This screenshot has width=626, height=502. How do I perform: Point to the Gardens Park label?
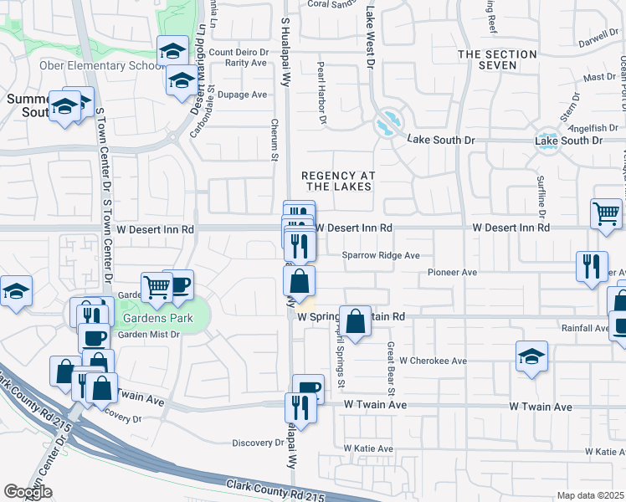[x=157, y=318]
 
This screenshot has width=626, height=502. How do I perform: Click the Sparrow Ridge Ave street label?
[x=381, y=256]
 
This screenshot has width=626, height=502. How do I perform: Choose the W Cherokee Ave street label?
[x=433, y=361]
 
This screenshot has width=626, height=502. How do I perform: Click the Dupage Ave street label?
[x=242, y=95]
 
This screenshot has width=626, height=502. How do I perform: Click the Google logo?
[x=28, y=492]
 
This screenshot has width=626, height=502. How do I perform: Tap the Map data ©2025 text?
[x=590, y=495]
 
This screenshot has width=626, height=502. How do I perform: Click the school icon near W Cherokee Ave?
[x=531, y=357]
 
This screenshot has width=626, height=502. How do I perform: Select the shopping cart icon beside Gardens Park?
[x=156, y=287]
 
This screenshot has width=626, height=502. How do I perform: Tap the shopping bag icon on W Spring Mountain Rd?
[x=356, y=320]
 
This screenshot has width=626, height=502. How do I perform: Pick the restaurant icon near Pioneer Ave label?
[x=592, y=266]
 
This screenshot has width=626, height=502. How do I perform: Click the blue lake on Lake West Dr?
[x=387, y=126]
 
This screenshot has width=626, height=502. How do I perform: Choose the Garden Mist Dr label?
[x=148, y=335]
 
